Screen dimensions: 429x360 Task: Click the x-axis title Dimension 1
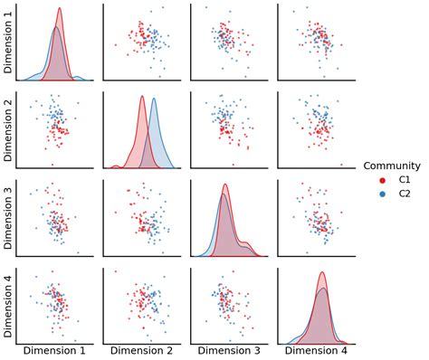(54, 351)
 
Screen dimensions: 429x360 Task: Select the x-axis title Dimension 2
(141, 351)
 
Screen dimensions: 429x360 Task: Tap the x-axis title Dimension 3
(229, 351)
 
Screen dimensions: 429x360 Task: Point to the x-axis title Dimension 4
(316, 351)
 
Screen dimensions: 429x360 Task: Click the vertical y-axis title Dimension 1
(7, 43)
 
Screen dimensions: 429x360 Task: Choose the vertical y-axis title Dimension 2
(7, 130)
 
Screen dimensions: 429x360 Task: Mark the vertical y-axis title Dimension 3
(7, 218)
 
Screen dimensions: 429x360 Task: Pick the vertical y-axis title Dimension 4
(7, 307)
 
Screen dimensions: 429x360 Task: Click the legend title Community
(392, 166)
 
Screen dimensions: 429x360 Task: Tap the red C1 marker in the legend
(383, 180)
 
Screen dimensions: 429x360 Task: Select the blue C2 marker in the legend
(383, 194)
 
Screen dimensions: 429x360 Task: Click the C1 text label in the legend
(405, 180)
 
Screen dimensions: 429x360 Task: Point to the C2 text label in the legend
(405, 194)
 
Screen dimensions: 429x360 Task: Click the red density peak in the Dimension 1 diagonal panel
(60, 8)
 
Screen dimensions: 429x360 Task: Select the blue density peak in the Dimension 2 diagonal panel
(154, 99)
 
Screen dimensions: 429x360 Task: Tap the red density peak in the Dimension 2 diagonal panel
(142, 97)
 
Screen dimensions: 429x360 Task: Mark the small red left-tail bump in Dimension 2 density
(116, 166)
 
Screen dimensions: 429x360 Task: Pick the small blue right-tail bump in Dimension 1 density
(77, 78)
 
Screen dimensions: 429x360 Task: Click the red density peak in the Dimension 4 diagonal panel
(322, 272)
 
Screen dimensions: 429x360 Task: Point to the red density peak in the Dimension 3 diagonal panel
(225, 185)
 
